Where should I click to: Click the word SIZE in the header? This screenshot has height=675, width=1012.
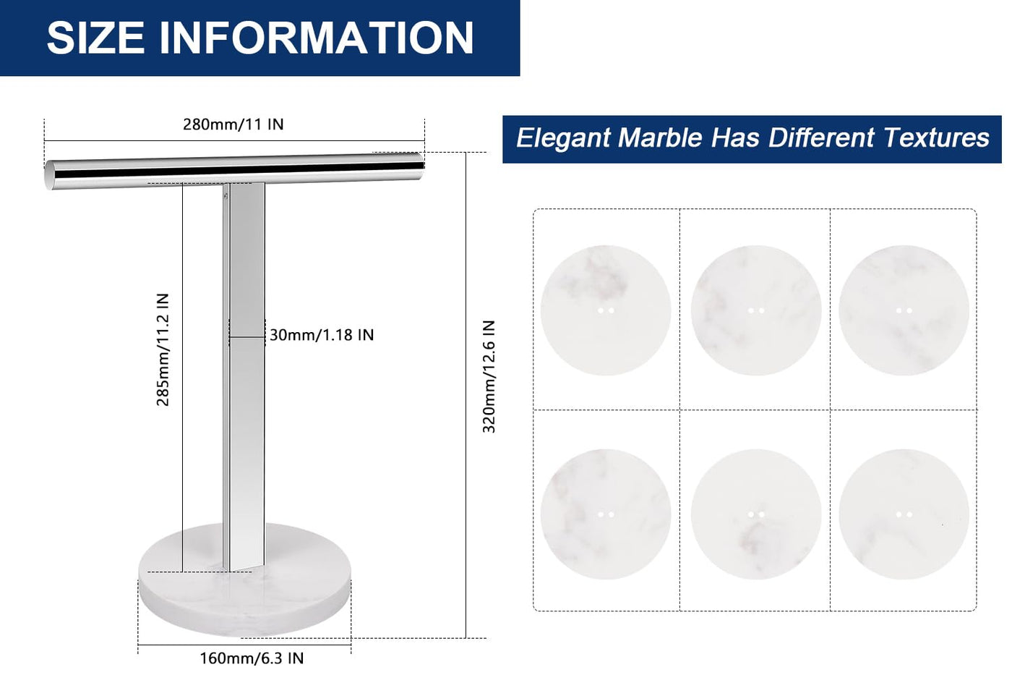point(95,38)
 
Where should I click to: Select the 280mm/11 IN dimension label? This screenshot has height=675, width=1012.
point(233,124)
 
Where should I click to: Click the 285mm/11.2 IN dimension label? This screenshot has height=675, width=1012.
point(162,349)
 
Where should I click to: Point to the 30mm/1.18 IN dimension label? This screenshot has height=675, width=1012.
point(322,335)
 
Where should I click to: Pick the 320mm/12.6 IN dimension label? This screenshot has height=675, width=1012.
point(489,377)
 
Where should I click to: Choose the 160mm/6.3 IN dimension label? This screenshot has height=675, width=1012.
point(252,658)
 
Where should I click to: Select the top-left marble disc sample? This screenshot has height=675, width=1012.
point(606,310)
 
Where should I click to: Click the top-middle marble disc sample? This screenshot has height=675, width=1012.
point(756,310)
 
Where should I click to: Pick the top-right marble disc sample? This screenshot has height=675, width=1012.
point(904,310)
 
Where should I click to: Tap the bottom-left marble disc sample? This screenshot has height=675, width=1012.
point(606,514)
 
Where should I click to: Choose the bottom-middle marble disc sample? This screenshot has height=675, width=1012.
point(756,514)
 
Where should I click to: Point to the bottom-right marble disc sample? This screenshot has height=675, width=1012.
point(904,514)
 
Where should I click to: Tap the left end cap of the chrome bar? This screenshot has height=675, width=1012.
point(49,175)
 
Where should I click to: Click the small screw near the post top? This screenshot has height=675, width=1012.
point(226,196)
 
